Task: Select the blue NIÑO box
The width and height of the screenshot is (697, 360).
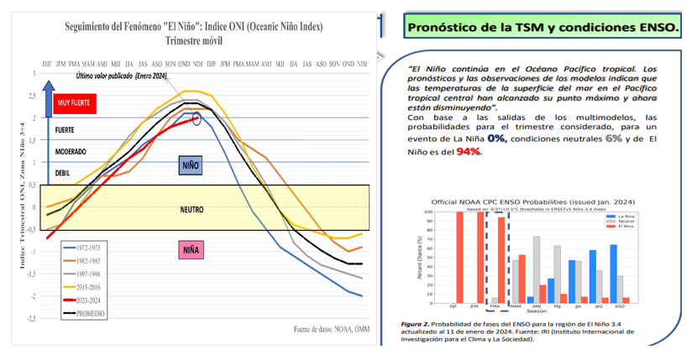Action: coord(191,164)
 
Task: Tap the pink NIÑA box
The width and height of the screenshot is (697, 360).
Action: coord(191,248)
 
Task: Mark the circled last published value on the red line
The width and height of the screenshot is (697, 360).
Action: coord(197,119)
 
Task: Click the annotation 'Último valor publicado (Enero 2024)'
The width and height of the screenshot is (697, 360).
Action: coord(123,76)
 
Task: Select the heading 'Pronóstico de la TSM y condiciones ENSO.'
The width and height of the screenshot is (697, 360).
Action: coord(542,27)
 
